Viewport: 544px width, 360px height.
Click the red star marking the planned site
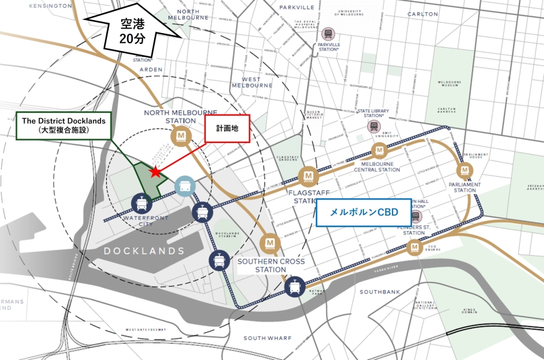(x=155, y=172)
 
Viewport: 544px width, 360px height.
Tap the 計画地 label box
(x=227, y=129)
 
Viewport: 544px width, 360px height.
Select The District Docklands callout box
(x=63, y=125)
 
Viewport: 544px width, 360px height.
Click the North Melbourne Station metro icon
(x=181, y=137)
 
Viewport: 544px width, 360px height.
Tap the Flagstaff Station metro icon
(x=308, y=175)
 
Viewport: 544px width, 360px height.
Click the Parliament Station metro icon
(x=464, y=171)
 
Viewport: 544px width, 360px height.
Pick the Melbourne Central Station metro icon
(x=379, y=152)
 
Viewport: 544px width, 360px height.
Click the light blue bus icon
(x=185, y=186)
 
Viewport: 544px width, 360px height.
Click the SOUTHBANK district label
(x=380, y=292)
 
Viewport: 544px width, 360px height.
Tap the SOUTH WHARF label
(x=269, y=338)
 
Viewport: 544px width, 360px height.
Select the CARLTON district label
(x=422, y=14)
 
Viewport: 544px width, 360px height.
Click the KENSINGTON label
(x=50, y=5)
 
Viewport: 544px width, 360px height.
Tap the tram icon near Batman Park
(x=295, y=287)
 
